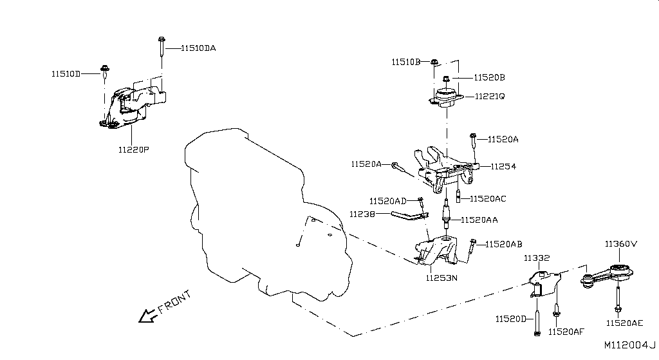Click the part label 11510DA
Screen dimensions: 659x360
[x=198, y=48]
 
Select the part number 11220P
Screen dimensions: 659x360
[x=134, y=149]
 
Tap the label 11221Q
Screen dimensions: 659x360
[x=490, y=97]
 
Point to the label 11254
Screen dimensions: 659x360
[x=503, y=167]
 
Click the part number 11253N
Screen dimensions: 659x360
[x=441, y=278]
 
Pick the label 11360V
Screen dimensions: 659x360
[x=621, y=244]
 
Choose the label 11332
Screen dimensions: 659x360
[x=537, y=258]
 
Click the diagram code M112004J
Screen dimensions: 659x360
[x=630, y=345]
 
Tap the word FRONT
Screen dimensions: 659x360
[x=174, y=303]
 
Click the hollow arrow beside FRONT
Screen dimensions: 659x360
[x=147, y=316]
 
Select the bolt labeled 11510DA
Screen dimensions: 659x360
[x=162, y=47]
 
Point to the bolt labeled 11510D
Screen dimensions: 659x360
[x=105, y=71]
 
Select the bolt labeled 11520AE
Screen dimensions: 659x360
[x=618, y=300]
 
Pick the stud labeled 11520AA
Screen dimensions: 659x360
[x=447, y=214]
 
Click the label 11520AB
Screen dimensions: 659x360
[x=504, y=244]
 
